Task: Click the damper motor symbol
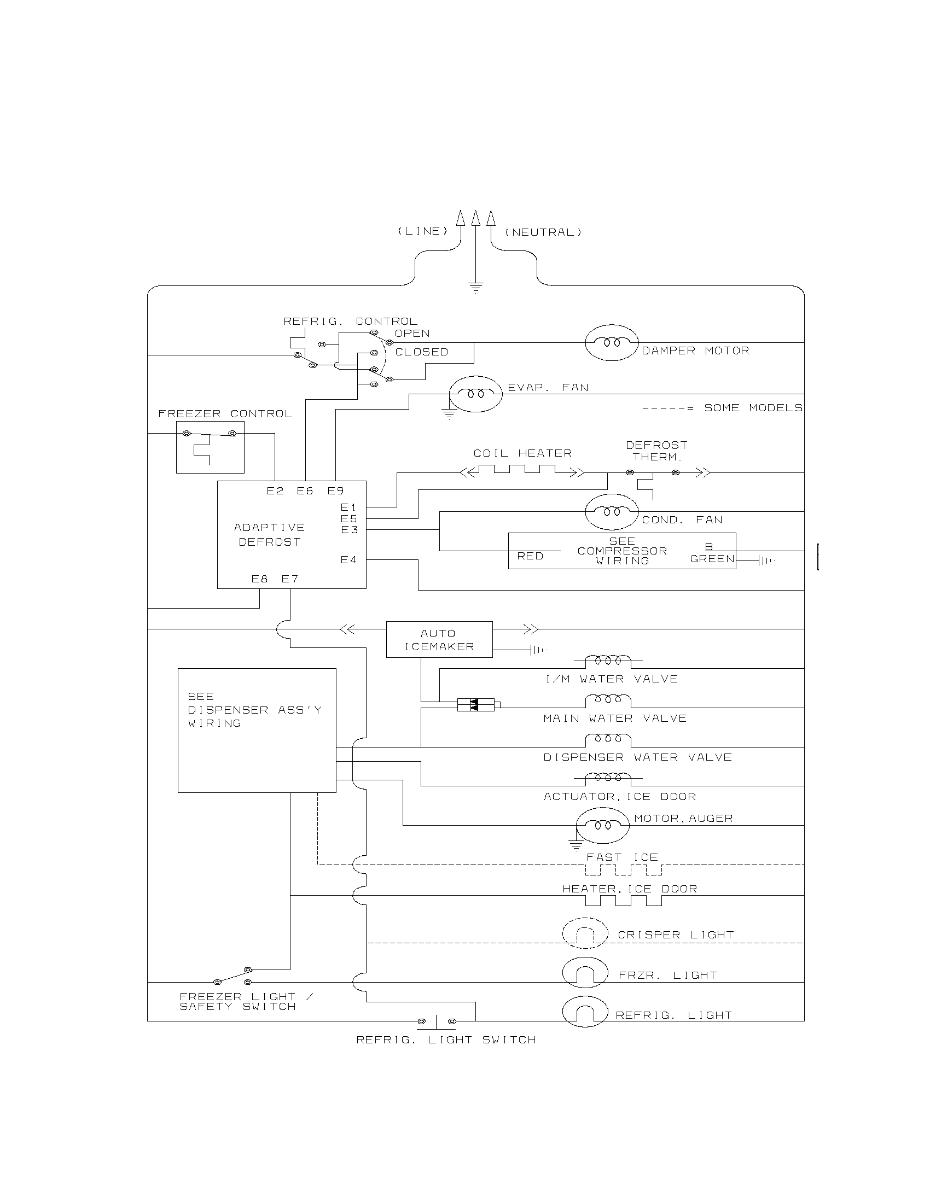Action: pos(612,342)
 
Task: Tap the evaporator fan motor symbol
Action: pos(475,394)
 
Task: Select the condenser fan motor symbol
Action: pos(612,512)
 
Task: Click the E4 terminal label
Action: pos(348,560)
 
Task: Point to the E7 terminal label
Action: pos(290,579)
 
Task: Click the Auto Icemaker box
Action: pos(439,640)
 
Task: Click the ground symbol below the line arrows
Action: pos(475,287)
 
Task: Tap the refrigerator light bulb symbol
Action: pos(585,1012)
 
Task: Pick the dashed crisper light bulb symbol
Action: pos(585,933)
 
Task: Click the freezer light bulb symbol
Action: pos(585,973)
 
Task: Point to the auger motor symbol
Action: pos(603,825)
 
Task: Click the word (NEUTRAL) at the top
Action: pos(543,232)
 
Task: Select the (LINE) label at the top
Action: pos(423,231)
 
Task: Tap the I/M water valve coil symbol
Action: pos(608,660)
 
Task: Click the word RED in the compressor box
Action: pos(530,556)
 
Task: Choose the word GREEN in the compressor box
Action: pos(712,559)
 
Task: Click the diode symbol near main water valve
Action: pos(476,704)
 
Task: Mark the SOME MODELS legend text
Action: pos(753,408)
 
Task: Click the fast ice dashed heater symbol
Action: pos(623,870)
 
